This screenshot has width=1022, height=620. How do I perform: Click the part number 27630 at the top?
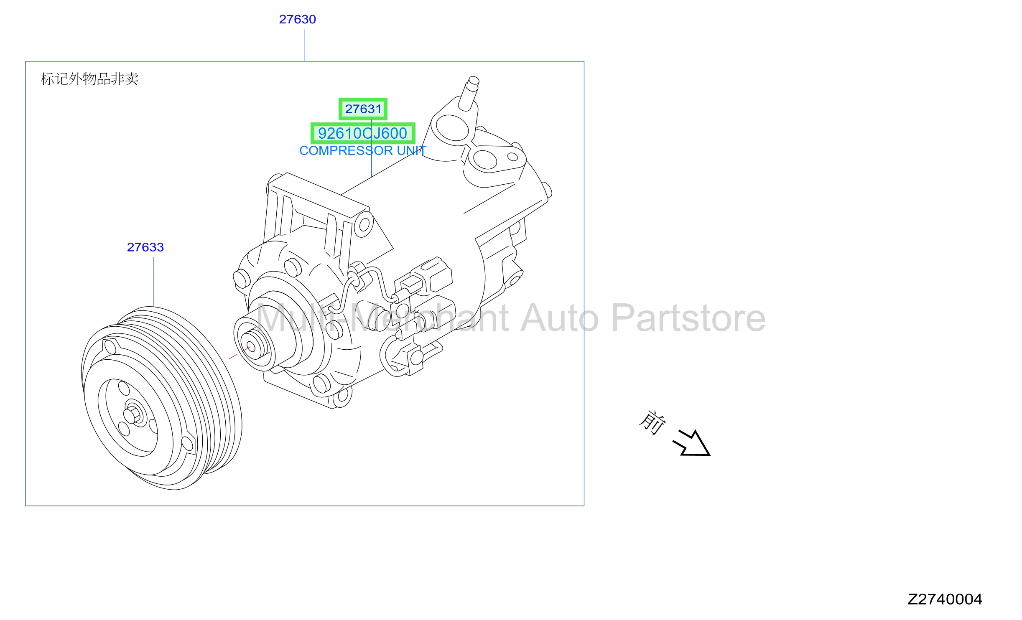point(297,19)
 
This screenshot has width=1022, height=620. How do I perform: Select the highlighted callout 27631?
point(363,109)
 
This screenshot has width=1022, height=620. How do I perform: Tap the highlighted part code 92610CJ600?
point(362,133)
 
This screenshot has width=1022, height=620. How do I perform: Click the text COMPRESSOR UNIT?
point(362,150)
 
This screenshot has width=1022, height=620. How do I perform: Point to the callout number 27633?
point(145,247)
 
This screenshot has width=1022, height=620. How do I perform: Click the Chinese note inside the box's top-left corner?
point(89,79)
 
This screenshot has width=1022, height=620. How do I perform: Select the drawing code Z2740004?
point(944,599)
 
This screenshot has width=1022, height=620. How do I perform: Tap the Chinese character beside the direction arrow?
point(652,422)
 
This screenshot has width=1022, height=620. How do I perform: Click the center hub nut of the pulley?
point(133,414)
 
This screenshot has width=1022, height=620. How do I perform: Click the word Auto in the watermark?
point(559,319)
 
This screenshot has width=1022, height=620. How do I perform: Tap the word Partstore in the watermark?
point(688,319)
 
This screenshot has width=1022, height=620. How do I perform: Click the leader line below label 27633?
point(154,282)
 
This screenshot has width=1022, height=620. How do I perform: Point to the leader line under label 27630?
point(305,46)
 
